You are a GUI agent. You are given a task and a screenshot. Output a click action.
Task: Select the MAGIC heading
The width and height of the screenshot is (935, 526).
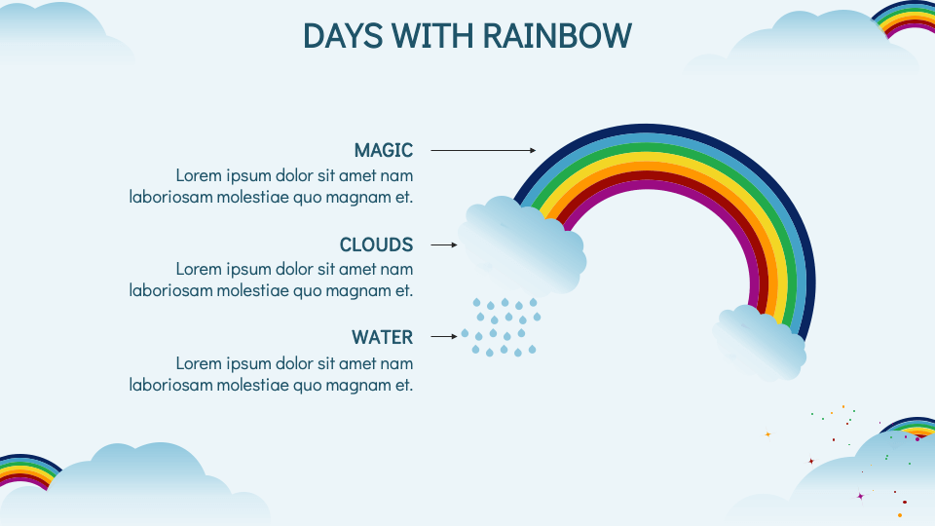(384, 150)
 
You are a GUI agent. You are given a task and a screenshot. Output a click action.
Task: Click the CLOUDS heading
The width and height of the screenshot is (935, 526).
(376, 244)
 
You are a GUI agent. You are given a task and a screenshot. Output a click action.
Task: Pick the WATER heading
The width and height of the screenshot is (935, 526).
(382, 337)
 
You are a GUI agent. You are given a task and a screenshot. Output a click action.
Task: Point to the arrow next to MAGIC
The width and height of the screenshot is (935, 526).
(483, 150)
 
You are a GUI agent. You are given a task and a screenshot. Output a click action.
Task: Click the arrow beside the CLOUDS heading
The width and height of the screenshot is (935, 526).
(444, 245)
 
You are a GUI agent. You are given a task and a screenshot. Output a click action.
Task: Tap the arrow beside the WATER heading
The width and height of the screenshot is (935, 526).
(444, 337)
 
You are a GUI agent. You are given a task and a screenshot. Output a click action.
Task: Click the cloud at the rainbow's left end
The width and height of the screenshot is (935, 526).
(523, 246)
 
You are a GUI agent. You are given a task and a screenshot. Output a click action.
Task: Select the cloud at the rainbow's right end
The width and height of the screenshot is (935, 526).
(760, 343)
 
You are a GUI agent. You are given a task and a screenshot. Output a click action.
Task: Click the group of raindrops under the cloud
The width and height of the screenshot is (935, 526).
(502, 327)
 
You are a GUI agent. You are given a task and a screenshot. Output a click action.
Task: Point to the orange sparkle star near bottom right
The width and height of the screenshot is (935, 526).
(767, 433)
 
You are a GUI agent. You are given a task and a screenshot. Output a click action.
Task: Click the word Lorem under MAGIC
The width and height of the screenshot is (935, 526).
(199, 175)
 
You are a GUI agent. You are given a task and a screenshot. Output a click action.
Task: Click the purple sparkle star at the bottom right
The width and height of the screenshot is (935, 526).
(860, 496)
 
